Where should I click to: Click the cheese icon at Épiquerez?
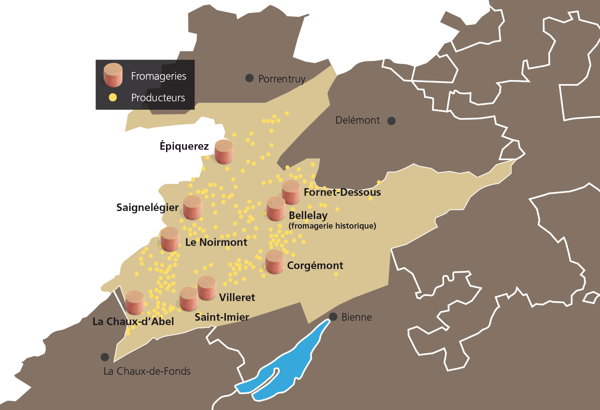pyautogui.click(x=224, y=152)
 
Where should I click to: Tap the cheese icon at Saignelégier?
pyautogui.click(x=192, y=207)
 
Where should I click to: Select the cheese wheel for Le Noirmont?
pyautogui.click(x=170, y=239)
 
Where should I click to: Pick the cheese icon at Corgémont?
pyautogui.click(x=275, y=262)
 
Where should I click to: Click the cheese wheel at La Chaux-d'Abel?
pyautogui.click(x=134, y=302)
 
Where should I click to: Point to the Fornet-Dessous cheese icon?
pyautogui.click(x=291, y=193)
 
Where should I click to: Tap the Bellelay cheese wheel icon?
pyautogui.click(x=276, y=209)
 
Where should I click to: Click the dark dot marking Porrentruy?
pyautogui.click(x=250, y=78)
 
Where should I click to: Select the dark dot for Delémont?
pyautogui.click(x=392, y=121)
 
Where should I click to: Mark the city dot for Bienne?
pyautogui.click(x=333, y=317)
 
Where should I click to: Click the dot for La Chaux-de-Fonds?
pyautogui.click(x=105, y=357)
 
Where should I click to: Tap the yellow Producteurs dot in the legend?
pyautogui.click(x=113, y=97)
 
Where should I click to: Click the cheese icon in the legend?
pyautogui.click(x=113, y=75)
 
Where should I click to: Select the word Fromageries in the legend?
pyautogui.click(x=158, y=76)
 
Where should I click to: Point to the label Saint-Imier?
pyautogui.click(x=222, y=317)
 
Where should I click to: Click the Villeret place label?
pyautogui.click(x=237, y=297)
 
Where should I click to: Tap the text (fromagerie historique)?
pyautogui.click(x=332, y=226)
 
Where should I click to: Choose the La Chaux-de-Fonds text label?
pyautogui.click(x=147, y=371)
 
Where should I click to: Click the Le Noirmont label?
pyautogui.click(x=216, y=242)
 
